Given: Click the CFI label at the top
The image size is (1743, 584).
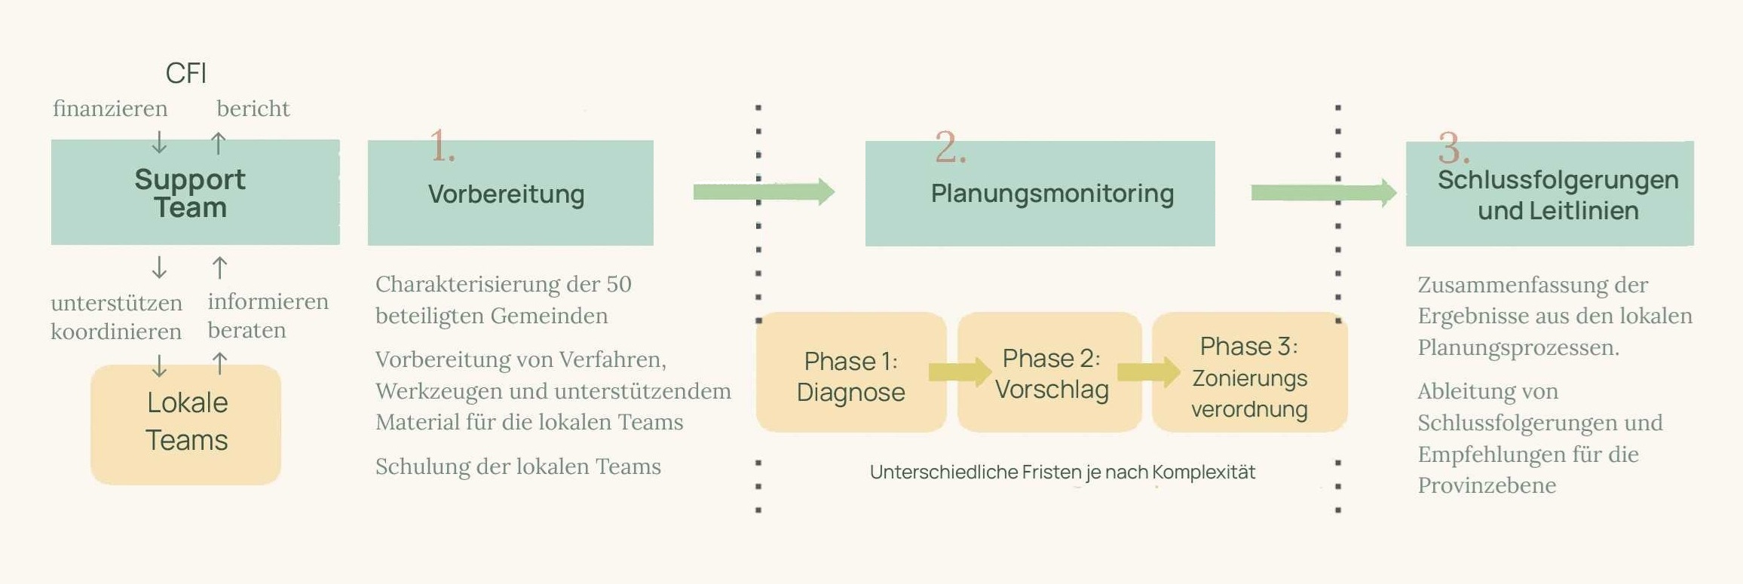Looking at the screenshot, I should click(185, 73).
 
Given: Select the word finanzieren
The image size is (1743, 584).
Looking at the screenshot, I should click(110, 109).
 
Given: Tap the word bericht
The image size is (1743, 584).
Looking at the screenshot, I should click(253, 109).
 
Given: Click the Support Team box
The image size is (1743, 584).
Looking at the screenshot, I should click(195, 193).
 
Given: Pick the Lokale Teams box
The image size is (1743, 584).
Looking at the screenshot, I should click(186, 423).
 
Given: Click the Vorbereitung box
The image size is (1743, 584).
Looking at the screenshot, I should click(510, 194).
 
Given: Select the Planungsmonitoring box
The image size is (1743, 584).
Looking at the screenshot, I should click(1040, 194).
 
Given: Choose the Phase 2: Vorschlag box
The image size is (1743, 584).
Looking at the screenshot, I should click(1050, 372).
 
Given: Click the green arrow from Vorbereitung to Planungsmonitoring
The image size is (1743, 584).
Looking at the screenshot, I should click(763, 192).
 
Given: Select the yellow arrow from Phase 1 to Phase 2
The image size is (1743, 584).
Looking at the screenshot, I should click(959, 371).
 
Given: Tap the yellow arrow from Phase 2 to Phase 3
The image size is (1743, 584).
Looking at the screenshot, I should click(1148, 371).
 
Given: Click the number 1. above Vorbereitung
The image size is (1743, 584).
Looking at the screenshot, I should click(442, 146).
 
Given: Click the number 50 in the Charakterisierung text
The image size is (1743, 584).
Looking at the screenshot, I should click(618, 284).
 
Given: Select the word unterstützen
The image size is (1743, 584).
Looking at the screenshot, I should click(116, 303).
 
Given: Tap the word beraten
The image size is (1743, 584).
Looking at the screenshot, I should click(247, 330).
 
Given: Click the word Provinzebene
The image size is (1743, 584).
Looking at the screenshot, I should click(1487, 485).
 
